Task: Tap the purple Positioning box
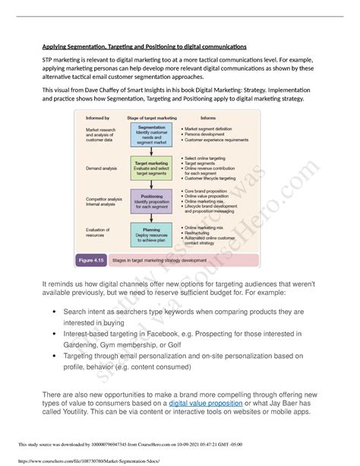(x=151, y=201)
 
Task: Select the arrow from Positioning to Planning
(x=151, y=217)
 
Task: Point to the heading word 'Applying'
(x=58, y=46)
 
